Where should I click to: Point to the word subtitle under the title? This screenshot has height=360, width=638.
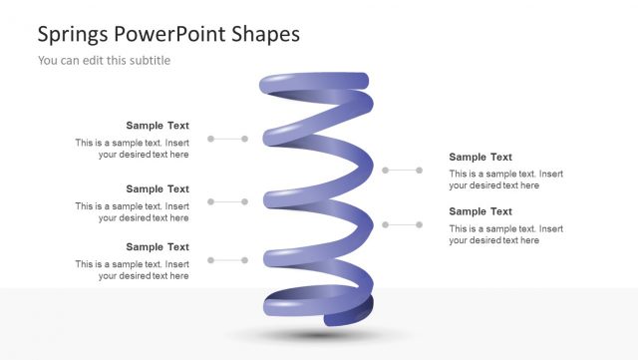click(x=149, y=61)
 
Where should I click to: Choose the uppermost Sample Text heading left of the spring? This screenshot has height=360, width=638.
click(x=158, y=126)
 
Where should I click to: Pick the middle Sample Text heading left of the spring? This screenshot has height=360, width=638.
click(x=158, y=188)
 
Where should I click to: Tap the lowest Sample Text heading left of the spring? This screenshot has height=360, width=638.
click(x=158, y=246)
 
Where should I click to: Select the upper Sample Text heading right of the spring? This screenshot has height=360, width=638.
click(x=480, y=157)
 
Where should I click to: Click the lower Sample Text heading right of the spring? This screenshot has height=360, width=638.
click(x=480, y=211)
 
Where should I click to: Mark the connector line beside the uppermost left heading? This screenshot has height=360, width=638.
click(x=227, y=139)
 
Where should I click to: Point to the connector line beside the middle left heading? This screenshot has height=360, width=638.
click(x=227, y=201)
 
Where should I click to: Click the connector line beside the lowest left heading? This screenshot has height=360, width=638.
click(x=227, y=260)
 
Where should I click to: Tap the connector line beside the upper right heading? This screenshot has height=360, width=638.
click(x=403, y=171)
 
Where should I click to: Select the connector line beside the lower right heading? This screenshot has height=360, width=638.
click(x=403, y=224)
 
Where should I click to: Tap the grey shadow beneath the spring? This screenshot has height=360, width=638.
click(x=319, y=336)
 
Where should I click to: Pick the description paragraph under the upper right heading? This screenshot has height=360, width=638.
click(x=505, y=180)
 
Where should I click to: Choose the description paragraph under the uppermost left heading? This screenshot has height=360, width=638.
click(x=133, y=149)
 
